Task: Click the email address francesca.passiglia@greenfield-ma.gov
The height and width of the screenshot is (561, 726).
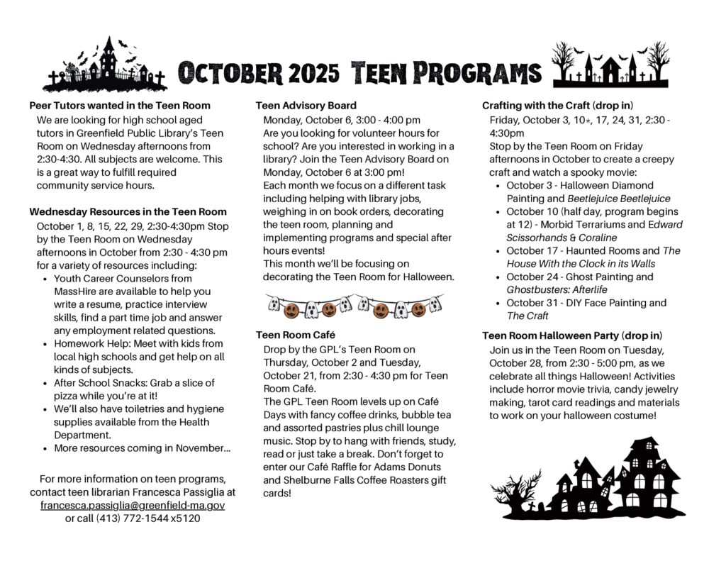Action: pyautogui.click(x=133, y=506)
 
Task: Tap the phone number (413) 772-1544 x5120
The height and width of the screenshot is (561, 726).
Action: pyautogui.click(x=133, y=518)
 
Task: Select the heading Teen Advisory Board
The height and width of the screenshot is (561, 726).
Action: pyautogui.click(x=306, y=106)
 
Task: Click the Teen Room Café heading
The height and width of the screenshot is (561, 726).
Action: pyautogui.click(x=296, y=334)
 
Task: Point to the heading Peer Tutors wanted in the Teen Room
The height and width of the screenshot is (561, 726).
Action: pyautogui.click(x=120, y=106)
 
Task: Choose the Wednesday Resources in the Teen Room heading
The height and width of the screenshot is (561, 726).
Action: pyautogui.click(x=128, y=211)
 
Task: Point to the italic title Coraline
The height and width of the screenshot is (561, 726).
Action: pyautogui.click(x=597, y=238)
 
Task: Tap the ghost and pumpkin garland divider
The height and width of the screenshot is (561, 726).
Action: pyautogui.click(x=354, y=306)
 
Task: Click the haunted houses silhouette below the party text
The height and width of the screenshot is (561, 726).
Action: pyautogui.click(x=588, y=479)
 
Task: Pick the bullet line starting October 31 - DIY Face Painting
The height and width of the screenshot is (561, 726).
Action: pyautogui.click(x=586, y=303)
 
